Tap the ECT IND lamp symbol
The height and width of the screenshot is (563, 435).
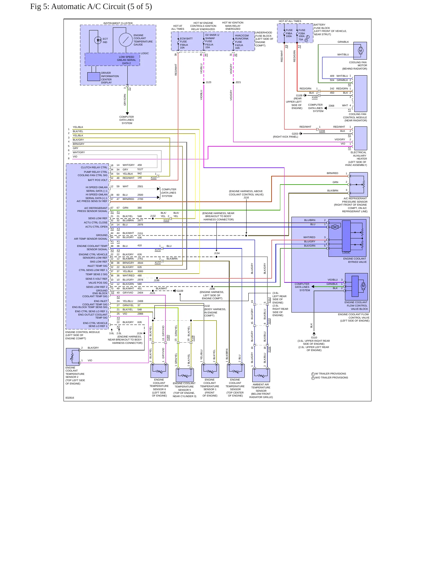tap(98, 40)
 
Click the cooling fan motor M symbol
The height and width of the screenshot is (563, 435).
tap(360, 51)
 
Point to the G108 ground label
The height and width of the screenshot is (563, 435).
tap(299, 95)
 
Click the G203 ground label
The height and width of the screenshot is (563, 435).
tap(295, 134)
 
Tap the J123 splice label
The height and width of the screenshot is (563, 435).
tap(208, 82)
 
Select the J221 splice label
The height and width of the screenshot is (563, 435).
tap(238, 82)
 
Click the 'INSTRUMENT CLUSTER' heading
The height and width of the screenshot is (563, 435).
tap(118, 23)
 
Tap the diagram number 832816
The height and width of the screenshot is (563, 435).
tap(70, 398)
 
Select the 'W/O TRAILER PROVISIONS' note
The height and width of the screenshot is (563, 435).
tap(331, 378)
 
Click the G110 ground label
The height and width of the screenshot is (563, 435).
tap(314, 337)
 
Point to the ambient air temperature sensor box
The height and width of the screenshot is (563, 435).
tap(261, 375)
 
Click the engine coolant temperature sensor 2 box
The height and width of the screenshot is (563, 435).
tap(73, 357)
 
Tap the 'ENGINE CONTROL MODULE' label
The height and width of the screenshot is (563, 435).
tap(82, 332)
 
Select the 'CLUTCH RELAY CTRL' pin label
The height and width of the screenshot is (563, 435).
tap(94, 167)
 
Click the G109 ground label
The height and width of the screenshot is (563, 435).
tap(180, 291)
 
